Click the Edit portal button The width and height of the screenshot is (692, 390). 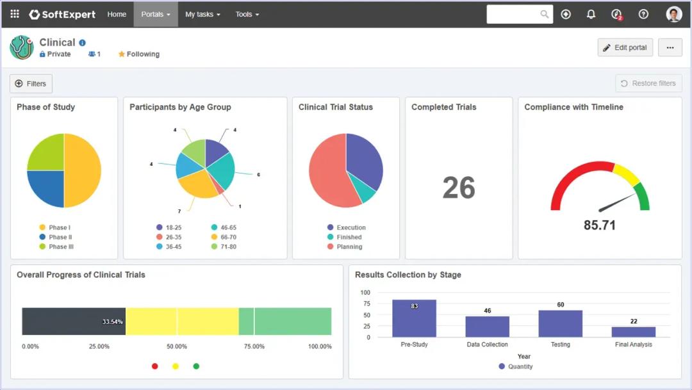625,47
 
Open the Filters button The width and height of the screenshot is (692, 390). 31,83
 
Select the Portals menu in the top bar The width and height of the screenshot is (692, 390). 156,14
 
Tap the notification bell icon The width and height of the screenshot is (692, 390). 591,14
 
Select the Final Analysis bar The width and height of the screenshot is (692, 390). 633,332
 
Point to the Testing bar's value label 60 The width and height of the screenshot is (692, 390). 560,305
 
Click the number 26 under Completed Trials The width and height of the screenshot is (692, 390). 459,188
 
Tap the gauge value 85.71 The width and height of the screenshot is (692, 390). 600,225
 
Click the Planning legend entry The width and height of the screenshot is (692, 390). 349,247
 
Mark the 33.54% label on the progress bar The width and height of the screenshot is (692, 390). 113,321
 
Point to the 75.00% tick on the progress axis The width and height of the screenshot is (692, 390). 254,346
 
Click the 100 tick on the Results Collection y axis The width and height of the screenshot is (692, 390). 365,293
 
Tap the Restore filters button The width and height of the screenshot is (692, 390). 648,83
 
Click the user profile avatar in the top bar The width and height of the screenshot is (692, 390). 673,14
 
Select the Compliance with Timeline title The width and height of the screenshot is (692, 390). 573,107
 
